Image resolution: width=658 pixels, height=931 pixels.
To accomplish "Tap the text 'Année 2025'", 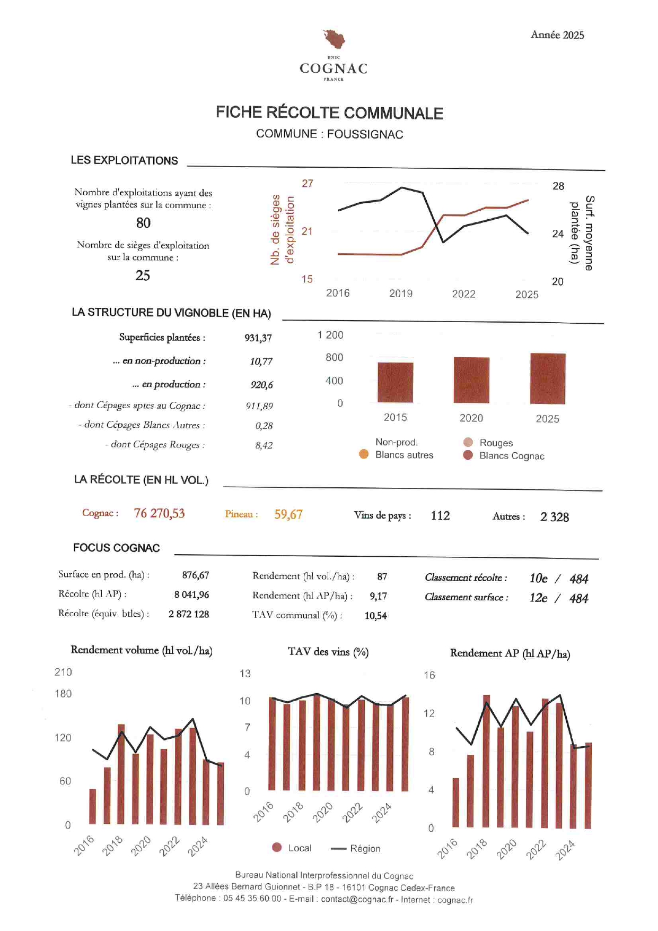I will click(x=557, y=35).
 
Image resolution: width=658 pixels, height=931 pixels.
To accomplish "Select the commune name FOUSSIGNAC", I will click(x=365, y=134).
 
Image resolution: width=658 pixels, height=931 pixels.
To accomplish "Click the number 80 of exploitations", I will click(x=143, y=223).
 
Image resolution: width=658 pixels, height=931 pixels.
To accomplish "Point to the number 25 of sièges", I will click(x=143, y=275).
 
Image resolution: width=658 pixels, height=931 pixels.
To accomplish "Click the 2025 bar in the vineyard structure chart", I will click(x=548, y=378).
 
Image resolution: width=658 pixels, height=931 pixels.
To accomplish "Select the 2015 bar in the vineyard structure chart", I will click(x=395, y=383).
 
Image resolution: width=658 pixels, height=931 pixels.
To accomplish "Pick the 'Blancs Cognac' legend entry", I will click(x=511, y=456).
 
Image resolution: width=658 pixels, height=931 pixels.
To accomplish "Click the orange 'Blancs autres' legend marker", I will click(x=364, y=454).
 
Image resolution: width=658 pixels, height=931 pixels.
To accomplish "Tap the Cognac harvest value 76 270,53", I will click(x=159, y=513).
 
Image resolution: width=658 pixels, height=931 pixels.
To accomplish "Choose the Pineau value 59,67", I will click(x=288, y=514).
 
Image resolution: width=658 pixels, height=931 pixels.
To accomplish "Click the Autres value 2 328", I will click(x=555, y=517).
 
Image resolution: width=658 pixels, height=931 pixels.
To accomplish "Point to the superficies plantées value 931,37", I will click(x=258, y=338).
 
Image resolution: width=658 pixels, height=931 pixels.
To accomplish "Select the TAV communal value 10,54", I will click(x=375, y=616).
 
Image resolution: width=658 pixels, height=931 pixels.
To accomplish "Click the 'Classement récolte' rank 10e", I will click(x=538, y=579).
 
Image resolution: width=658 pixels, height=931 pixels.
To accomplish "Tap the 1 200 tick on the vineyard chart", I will click(x=330, y=335).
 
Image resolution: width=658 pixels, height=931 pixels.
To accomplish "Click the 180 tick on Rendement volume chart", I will click(x=63, y=694).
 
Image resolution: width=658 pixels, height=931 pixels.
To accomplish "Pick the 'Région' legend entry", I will click(x=365, y=849).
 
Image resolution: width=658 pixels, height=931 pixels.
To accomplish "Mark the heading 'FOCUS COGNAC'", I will click(x=116, y=548).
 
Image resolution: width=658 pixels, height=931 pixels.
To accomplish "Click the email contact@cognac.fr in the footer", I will click(x=357, y=899).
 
